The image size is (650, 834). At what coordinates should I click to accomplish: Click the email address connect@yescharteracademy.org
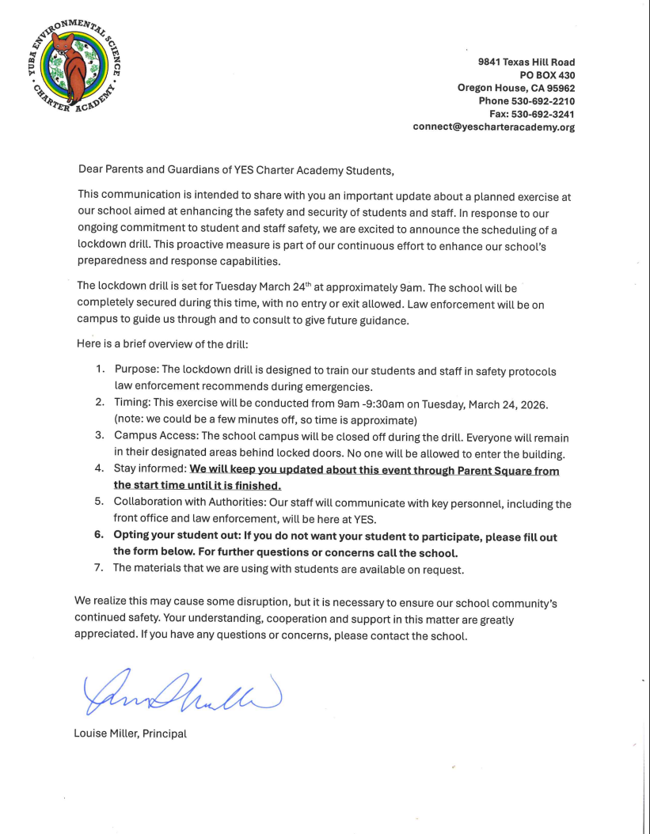493,127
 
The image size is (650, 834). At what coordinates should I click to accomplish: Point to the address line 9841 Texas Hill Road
526,62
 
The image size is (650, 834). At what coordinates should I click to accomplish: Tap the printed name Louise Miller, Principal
130,734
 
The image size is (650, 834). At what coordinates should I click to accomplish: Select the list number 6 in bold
100,536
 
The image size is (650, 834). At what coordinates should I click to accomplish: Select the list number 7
100,569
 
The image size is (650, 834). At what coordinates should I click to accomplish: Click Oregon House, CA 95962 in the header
515,88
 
